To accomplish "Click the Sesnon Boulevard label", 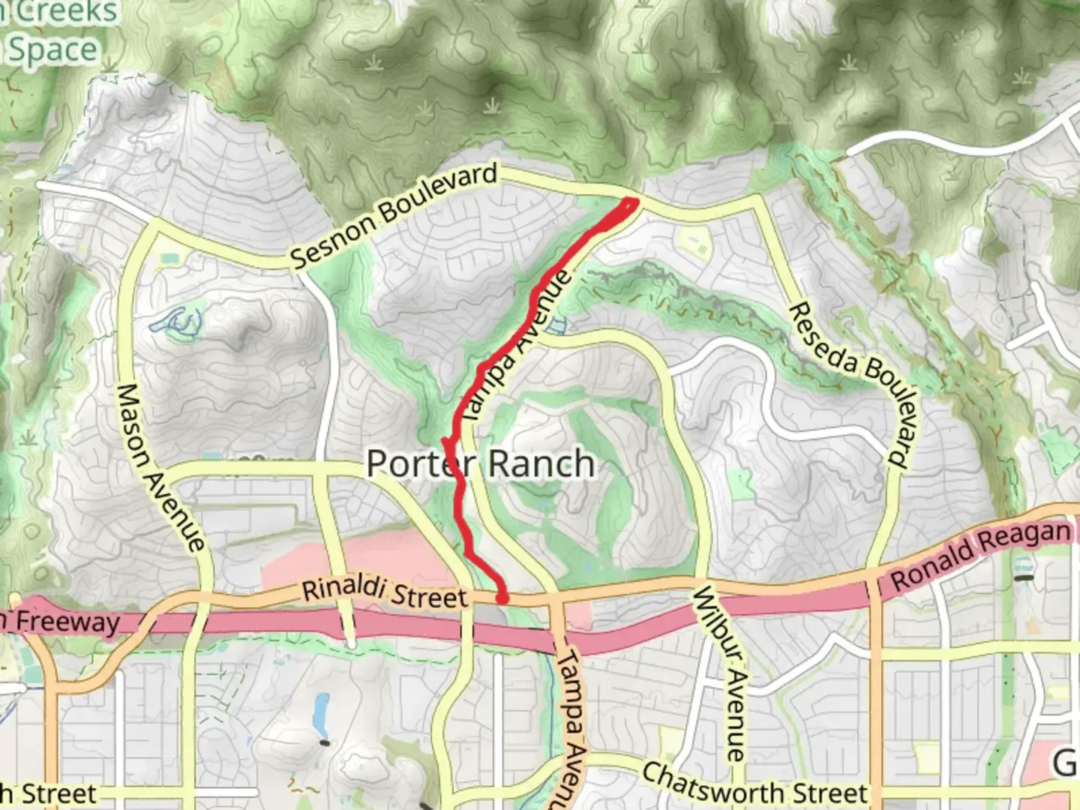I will [x=394, y=215].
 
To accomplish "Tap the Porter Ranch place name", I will [x=480, y=463].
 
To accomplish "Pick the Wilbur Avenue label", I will [x=722, y=672].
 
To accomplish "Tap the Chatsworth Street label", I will [x=754, y=784].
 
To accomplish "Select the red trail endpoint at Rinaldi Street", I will [x=502, y=598].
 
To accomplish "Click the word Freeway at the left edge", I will [x=67, y=622].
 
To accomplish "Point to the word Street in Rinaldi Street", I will [x=430, y=596].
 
